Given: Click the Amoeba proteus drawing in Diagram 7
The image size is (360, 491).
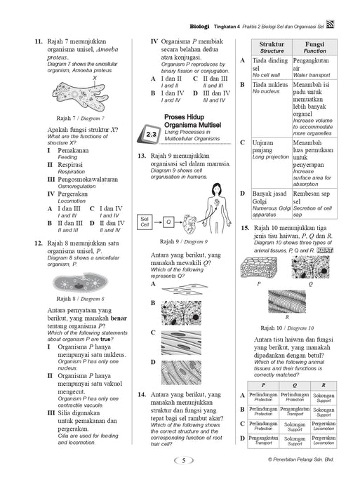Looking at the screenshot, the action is coord(80,96).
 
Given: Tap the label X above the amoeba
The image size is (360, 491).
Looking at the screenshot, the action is coord(95,78).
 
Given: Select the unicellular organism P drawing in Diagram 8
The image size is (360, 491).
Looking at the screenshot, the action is coord(80,283).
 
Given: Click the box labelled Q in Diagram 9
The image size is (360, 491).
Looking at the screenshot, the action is coord(168,222).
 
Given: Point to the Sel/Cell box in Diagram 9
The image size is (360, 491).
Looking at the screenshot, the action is coord(145,222).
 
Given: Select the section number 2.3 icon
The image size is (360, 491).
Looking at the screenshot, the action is coord(149,135).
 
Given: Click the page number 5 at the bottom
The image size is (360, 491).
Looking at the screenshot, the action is coord(184,460).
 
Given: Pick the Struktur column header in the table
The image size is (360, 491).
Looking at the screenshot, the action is coord(272,47).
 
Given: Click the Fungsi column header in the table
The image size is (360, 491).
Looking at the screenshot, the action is coord(314,47).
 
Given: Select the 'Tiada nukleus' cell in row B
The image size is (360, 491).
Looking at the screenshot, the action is coord(272,108).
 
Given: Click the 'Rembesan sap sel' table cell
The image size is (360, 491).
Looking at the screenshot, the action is coord(314,203).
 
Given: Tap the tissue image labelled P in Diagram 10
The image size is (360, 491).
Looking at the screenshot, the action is coord(259,267).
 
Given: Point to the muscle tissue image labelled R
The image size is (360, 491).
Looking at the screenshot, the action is coord(287,301).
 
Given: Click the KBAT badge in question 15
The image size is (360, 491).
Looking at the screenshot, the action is coord(325,250).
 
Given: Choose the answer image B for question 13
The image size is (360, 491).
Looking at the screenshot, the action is coord(181,313).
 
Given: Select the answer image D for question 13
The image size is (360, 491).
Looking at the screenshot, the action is coord(181,372).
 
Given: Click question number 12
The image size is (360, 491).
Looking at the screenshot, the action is coord(38,243).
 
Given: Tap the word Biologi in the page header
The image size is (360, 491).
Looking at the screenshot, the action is coord(199,27).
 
